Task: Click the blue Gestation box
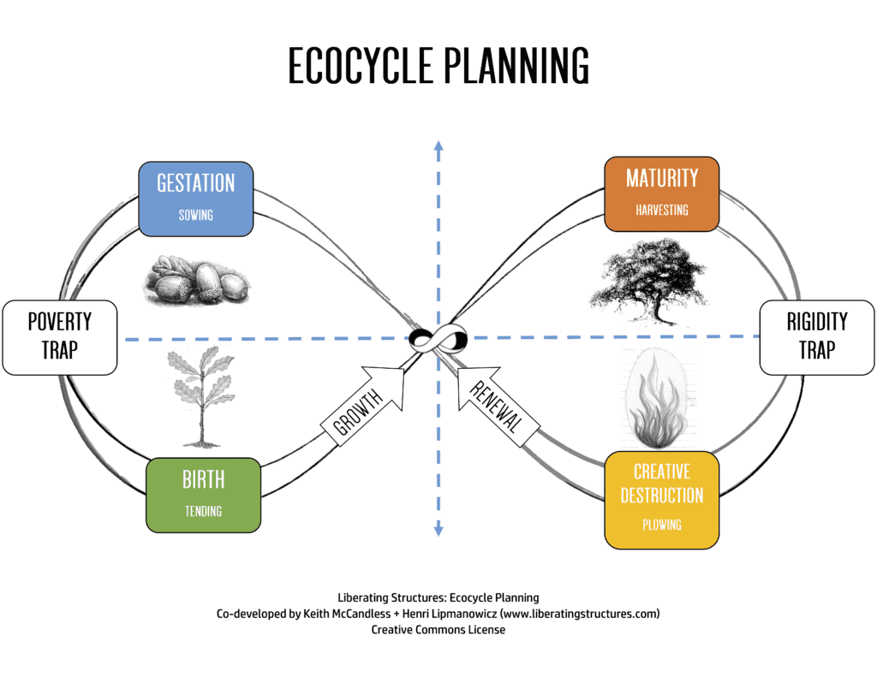point(196,199)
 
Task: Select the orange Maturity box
point(662,194)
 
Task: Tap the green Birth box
point(203,495)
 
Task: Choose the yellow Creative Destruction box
point(662,500)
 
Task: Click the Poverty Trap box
point(60,337)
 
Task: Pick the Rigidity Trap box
point(816,337)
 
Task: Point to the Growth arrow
point(362,406)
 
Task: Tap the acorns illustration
point(196,280)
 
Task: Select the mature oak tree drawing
point(649,282)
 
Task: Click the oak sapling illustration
point(202,396)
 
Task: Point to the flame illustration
point(659,399)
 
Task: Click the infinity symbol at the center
point(438,338)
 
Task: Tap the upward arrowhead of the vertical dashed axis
point(438,145)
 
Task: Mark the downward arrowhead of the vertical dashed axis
point(438,530)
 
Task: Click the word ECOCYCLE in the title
point(361,65)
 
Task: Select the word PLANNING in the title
point(516,65)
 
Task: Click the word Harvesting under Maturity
point(662,211)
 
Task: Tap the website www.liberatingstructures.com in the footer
point(580,614)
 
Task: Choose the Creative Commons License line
point(438,629)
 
